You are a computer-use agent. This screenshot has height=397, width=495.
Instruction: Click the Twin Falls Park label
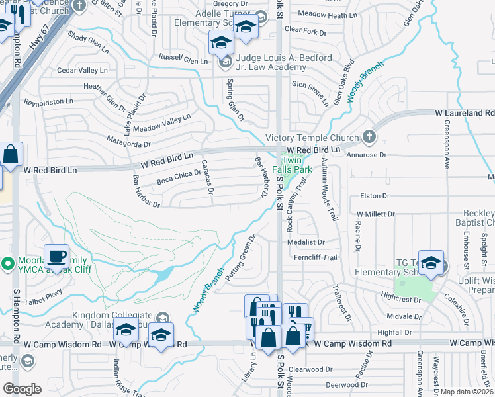[x=296, y=165]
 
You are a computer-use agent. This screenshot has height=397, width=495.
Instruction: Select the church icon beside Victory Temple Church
[x=369, y=138]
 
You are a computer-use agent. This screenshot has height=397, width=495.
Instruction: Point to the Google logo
[x=22, y=389]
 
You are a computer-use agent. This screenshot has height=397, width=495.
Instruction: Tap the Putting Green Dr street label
[x=241, y=257]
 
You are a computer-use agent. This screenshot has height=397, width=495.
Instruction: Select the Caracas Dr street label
[x=207, y=177]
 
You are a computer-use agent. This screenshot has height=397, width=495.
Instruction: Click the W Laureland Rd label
[x=464, y=114]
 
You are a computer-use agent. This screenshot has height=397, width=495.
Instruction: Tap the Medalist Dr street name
[x=306, y=242]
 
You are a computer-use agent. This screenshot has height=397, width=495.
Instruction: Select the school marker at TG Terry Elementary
[x=431, y=263]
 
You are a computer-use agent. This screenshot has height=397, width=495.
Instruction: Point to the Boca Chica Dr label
[x=178, y=173]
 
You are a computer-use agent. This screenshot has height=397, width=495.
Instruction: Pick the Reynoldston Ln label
[x=48, y=101]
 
